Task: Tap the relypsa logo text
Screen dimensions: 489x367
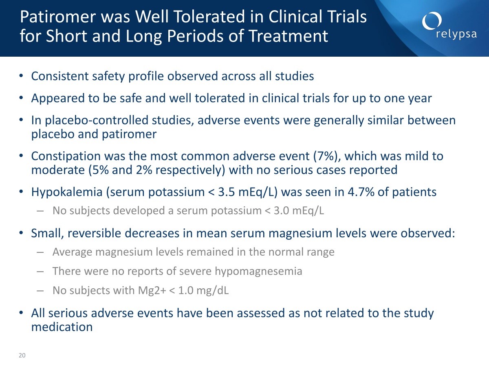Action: pyautogui.click(x=456, y=35)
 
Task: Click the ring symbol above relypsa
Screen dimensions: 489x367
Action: pyautogui.click(x=432, y=21)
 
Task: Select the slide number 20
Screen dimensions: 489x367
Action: pyautogui.click(x=22, y=355)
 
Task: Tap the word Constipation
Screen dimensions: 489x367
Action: pyautogui.click(x=66, y=157)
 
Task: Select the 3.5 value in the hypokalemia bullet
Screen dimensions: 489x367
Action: pyautogui.click(x=226, y=192)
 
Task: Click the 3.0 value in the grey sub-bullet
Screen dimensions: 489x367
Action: pyautogui.click(x=281, y=210)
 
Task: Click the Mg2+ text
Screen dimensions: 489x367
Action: pyautogui.click(x=152, y=290)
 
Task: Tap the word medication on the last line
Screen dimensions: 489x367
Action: pyautogui.click(x=62, y=327)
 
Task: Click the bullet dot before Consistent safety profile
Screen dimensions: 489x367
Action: pyautogui.click(x=21, y=76)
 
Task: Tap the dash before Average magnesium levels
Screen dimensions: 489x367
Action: pyautogui.click(x=40, y=252)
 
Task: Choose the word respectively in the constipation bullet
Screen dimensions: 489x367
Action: pyautogui.click(x=190, y=170)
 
